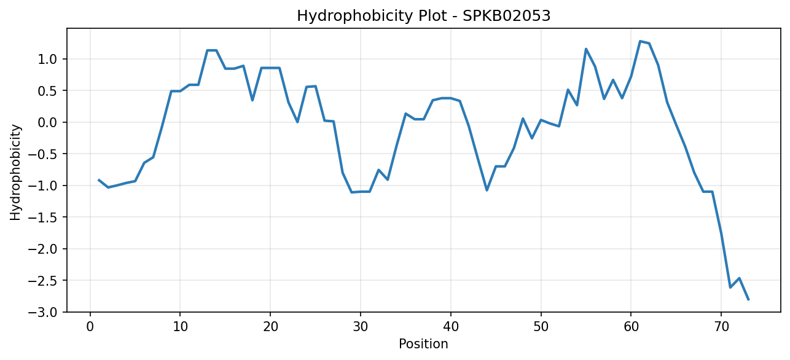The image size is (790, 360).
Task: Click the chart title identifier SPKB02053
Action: pyautogui.click(x=506, y=16)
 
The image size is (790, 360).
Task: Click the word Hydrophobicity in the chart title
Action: pyautogui.click(x=354, y=17)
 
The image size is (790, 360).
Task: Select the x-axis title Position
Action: pyautogui.click(x=423, y=344)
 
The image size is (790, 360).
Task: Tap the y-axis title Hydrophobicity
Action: pyautogui.click(x=15, y=173)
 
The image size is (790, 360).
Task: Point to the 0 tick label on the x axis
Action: pyautogui.click(x=90, y=327)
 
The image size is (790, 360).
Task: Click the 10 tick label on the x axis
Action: pyautogui.click(x=180, y=327)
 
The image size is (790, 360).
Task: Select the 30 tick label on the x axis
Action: pyautogui.click(x=361, y=327)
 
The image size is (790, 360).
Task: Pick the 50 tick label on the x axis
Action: pyautogui.click(x=541, y=327)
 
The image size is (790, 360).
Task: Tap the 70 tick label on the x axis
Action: pyautogui.click(x=721, y=327)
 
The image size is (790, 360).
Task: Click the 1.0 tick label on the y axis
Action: pyautogui.click(x=47, y=59)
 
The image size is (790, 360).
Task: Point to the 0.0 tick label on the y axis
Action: pyautogui.click(x=47, y=122)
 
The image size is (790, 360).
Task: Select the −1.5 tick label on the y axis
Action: pyautogui.click(x=42, y=217)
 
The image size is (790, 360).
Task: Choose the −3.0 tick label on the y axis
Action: pyautogui.click(x=42, y=313)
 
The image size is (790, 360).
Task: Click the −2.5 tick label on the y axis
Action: pyautogui.click(x=42, y=281)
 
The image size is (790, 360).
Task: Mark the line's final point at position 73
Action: pyautogui.click(x=748, y=300)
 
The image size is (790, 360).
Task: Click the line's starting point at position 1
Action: pyautogui.click(x=99, y=180)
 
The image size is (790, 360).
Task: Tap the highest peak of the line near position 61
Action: pyautogui.click(x=640, y=41)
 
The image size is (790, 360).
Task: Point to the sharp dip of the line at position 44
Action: pyautogui.click(x=487, y=190)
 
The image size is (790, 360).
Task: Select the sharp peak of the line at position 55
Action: pyautogui.click(x=586, y=49)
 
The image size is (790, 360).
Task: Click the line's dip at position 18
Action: pyautogui.click(x=252, y=101)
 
